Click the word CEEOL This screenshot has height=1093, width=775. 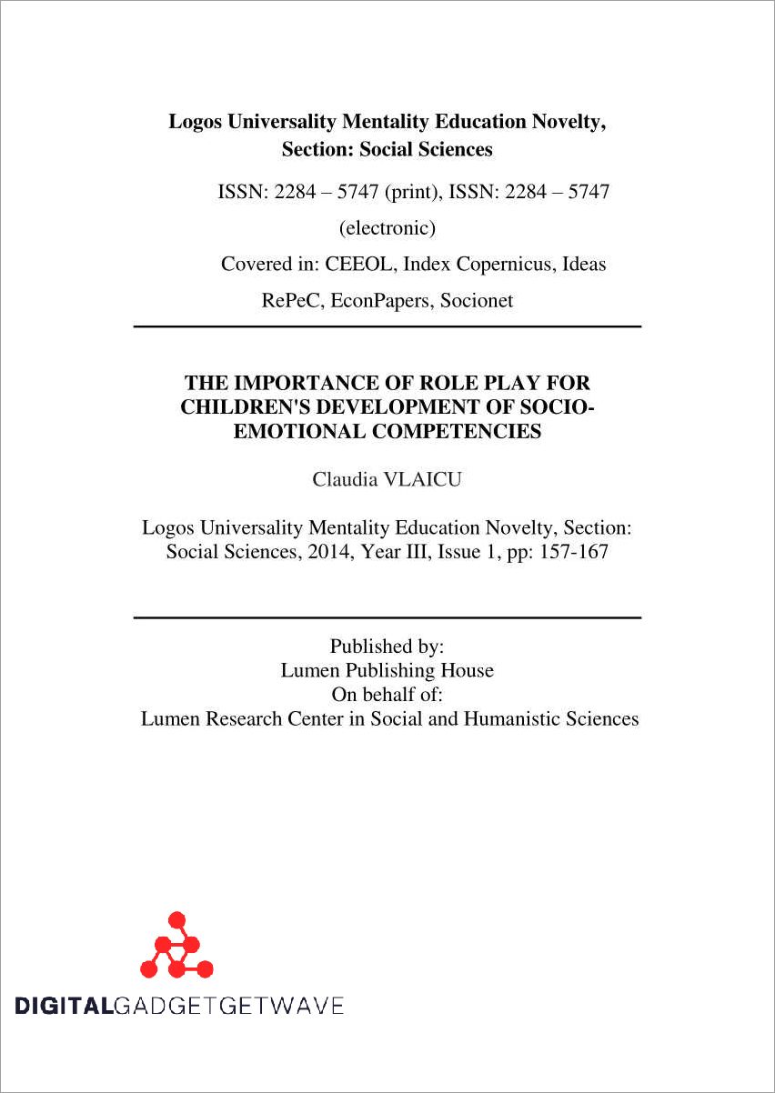tap(359, 265)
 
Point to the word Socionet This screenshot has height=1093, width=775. tap(477, 301)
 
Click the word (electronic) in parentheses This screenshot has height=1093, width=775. tap(387, 227)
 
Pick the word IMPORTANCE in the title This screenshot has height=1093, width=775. tap(307, 384)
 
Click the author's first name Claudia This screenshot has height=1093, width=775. tap(345, 479)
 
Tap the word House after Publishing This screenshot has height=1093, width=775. tap(467, 671)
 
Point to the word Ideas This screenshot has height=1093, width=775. tap(584, 265)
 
